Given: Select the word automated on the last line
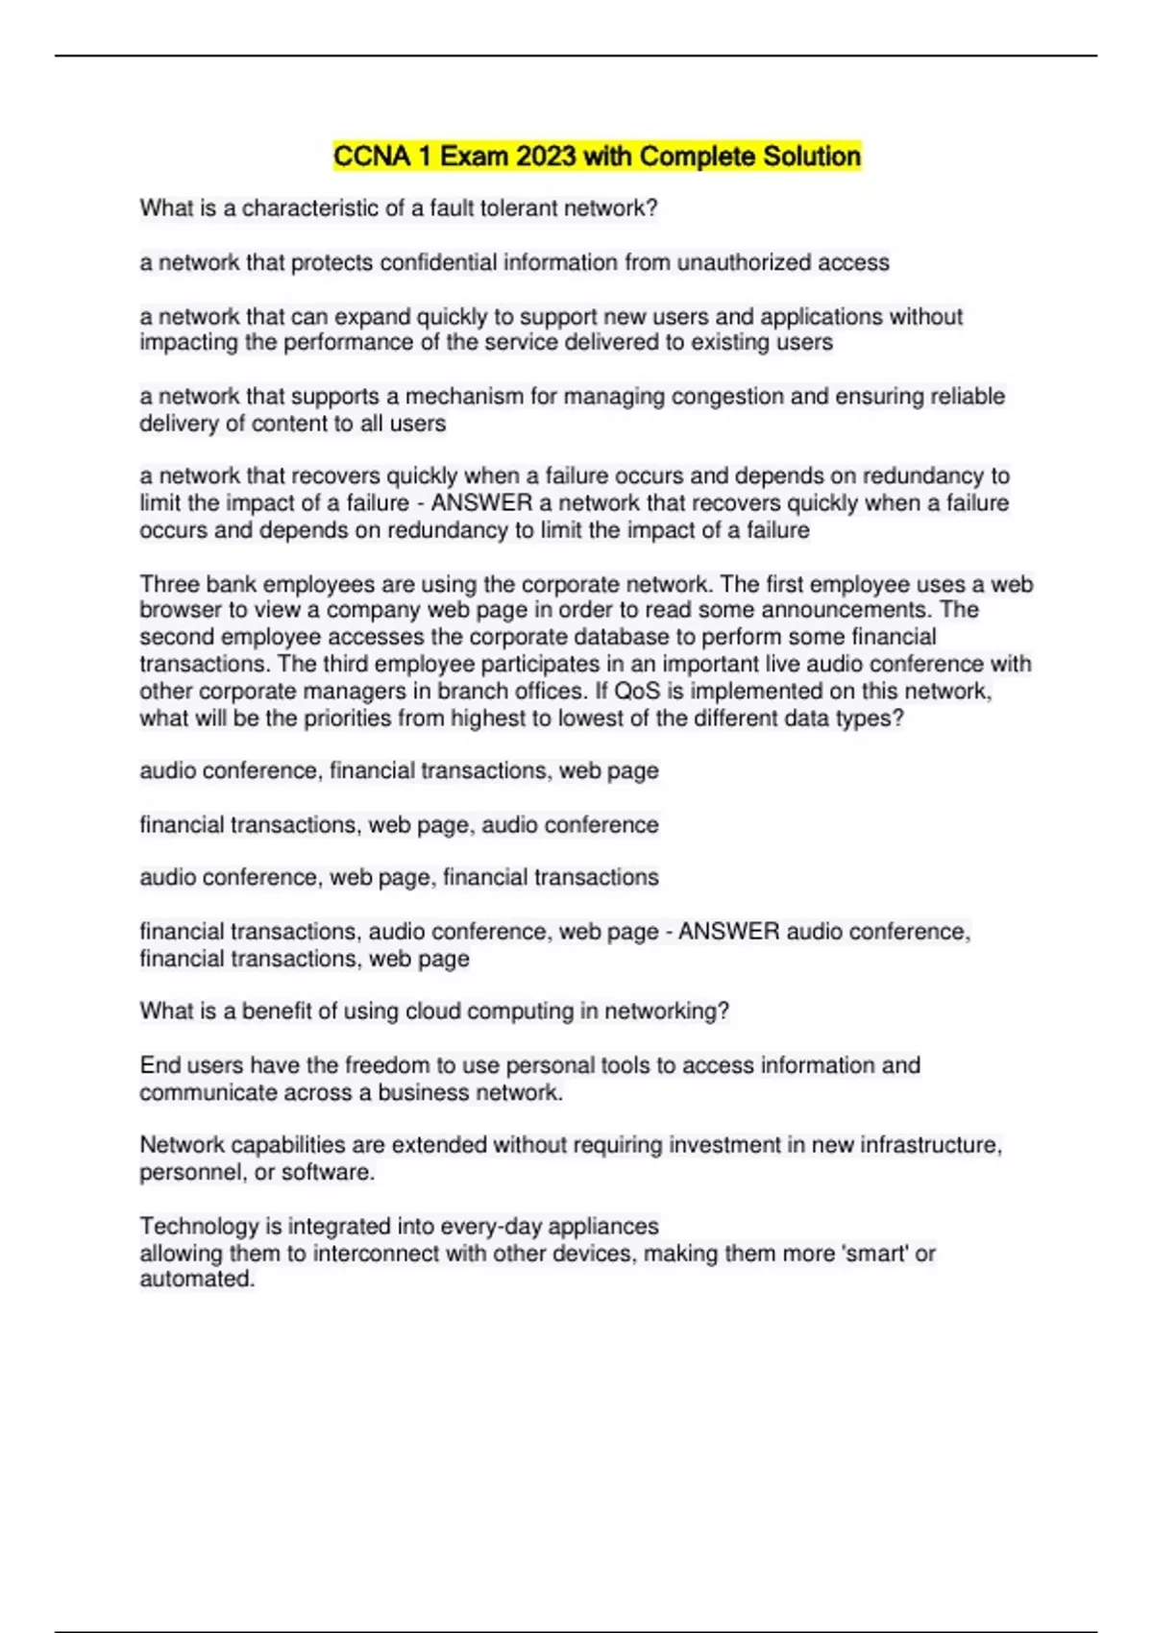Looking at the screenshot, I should pos(197,1279).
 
